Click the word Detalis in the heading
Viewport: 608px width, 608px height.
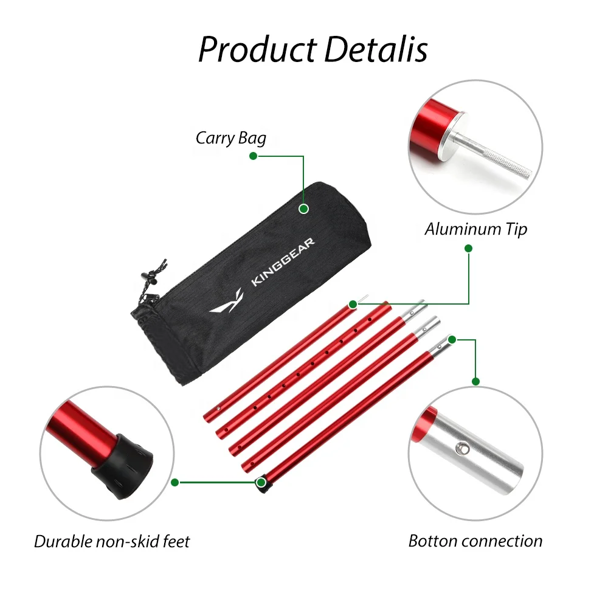click(376, 50)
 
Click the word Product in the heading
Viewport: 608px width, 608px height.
click(257, 50)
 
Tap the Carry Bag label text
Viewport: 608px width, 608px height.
click(231, 138)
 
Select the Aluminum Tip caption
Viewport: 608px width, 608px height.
click(475, 229)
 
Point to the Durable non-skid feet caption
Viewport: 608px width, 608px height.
click(112, 541)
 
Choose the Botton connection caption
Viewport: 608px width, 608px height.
click(475, 541)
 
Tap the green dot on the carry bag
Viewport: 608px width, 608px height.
click(304, 209)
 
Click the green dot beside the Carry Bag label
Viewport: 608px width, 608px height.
click(254, 156)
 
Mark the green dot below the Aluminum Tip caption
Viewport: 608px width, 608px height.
click(468, 248)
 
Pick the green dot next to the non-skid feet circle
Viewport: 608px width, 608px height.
click(174, 482)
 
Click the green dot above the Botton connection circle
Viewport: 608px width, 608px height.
click(476, 381)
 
